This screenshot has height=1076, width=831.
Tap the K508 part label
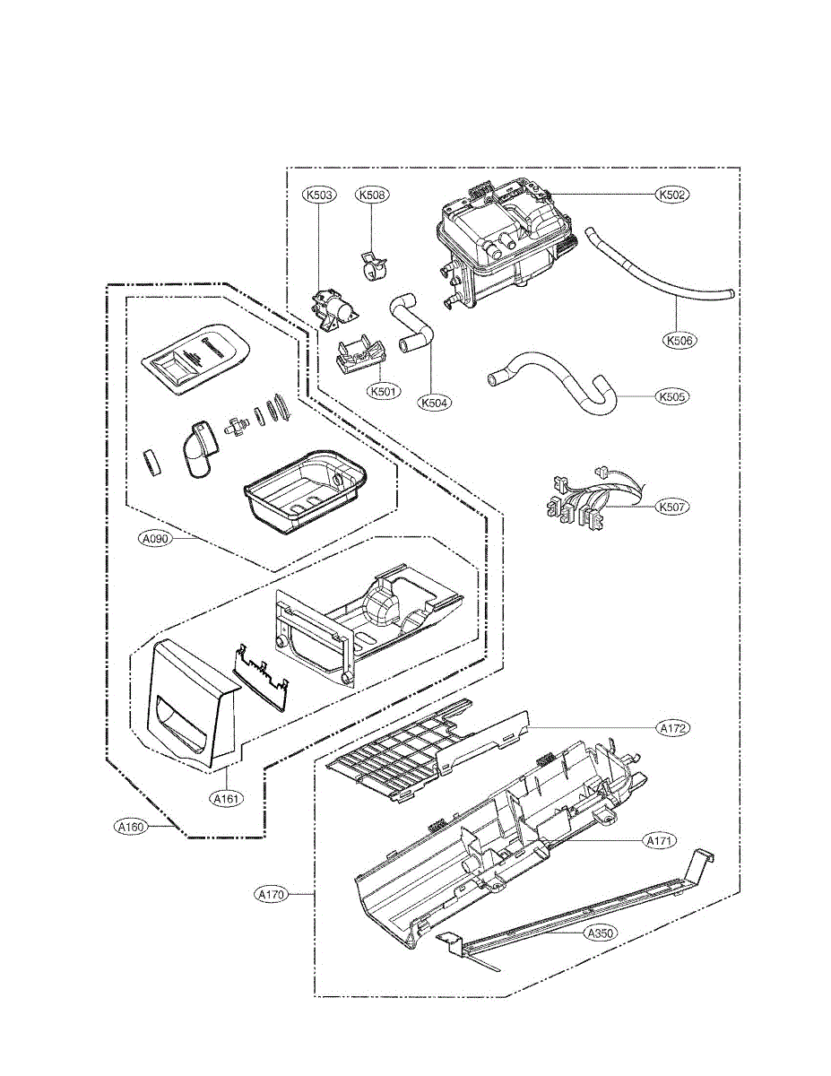tap(372, 194)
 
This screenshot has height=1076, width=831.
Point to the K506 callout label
tap(680, 341)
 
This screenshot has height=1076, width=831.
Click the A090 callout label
tap(155, 539)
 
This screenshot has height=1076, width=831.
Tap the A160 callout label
tap(131, 827)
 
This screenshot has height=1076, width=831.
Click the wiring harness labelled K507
tap(578, 503)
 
